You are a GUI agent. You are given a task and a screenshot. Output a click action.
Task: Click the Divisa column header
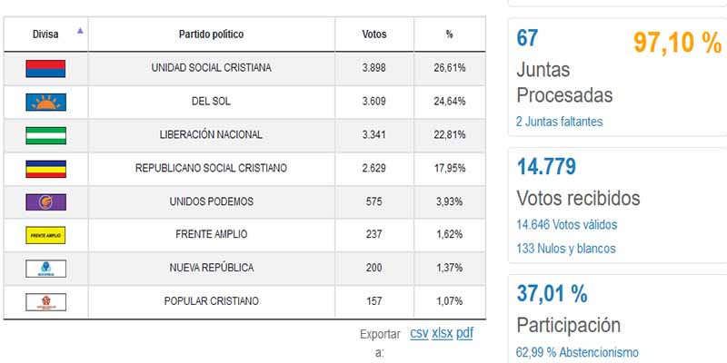click(45, 34)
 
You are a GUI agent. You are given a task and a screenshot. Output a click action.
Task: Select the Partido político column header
click(211, 34)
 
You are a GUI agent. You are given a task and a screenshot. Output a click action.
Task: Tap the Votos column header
click(373, 34)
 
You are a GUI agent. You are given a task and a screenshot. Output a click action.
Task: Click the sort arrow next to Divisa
click(80, 31)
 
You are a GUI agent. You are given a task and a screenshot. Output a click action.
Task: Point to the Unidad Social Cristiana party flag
click(45, 68)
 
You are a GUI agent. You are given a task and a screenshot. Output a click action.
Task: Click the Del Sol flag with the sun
click(45, 101)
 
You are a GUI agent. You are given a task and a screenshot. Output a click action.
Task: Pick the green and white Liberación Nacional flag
click(45, 134)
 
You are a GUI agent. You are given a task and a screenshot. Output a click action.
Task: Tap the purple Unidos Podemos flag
click(45, 201)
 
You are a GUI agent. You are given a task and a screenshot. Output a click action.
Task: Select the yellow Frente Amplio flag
click(45, 235)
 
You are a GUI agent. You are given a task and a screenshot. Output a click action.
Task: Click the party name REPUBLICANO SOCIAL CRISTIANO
click(211, 168)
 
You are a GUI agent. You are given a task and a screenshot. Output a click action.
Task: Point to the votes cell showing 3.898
click(373, 68)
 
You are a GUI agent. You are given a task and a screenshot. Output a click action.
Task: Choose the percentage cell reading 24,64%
click(449, 101)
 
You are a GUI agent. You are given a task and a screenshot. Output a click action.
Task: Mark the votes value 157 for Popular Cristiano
click(373, 301)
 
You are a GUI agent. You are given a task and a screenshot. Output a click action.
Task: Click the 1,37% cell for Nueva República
click(449, 268)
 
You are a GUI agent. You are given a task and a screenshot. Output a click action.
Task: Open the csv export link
click(419, 333)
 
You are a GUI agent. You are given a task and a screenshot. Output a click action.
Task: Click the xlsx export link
click(442, 333)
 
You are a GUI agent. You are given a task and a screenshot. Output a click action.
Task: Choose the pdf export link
click(464, 333)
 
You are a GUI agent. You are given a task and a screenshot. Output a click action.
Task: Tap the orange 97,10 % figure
click(676, 43)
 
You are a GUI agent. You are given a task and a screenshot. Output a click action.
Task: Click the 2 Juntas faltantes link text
click(559, 121)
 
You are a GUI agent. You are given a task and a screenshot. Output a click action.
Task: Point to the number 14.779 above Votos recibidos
click(546, 167)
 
